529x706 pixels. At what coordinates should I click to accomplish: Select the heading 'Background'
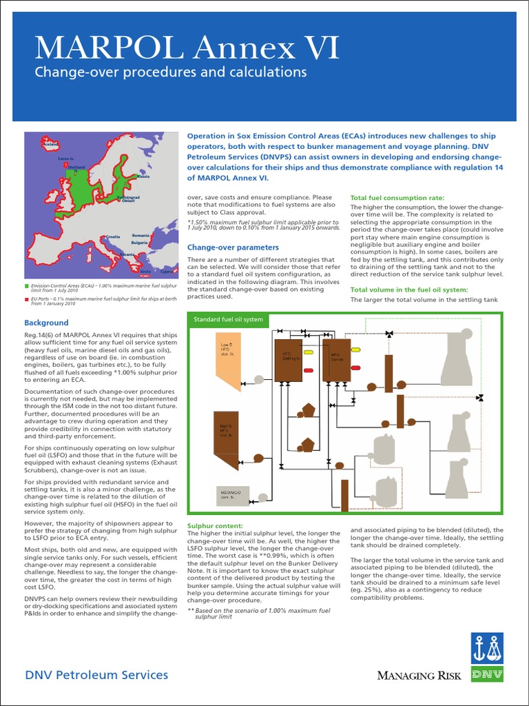[46, 323]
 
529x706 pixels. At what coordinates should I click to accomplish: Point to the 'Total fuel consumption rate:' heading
[402, 197]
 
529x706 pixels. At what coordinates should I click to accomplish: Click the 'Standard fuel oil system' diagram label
[228, 319]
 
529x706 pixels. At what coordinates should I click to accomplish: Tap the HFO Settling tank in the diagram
[289, 360]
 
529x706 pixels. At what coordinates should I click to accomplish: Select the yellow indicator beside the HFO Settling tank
[307, 351]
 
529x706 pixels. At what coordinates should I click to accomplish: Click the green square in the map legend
[27, 285]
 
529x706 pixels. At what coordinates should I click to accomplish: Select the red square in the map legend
[27, 299]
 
